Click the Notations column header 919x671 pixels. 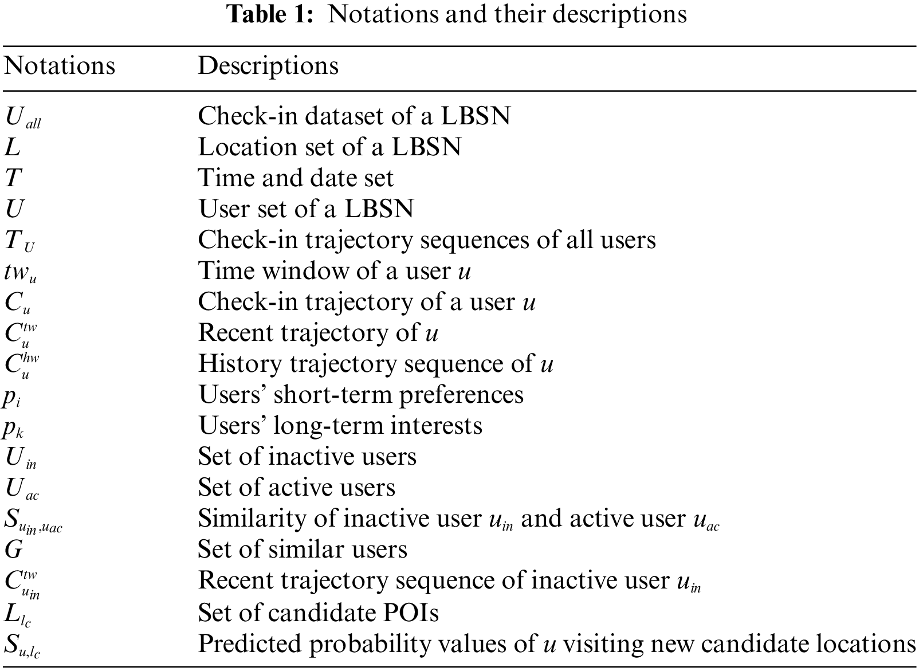(x=60, y=66)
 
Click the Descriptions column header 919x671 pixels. (x=268, y=66)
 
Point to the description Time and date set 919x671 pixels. (x=296, y=178)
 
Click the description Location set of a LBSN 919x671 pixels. (x=329, y=147)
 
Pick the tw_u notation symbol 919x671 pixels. (x=21, y=271)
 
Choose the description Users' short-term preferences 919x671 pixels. (x=361, y=395)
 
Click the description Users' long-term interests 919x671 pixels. (x=340, y=426)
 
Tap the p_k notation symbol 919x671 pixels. (x=13, y=427)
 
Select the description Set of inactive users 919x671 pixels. (x=307, y=457)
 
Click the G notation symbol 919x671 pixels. (x=13, y=550)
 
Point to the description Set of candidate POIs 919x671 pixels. (x=319, y=613)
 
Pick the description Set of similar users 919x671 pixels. (x=303, y=550)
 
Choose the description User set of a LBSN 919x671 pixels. (x=306, y=209)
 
